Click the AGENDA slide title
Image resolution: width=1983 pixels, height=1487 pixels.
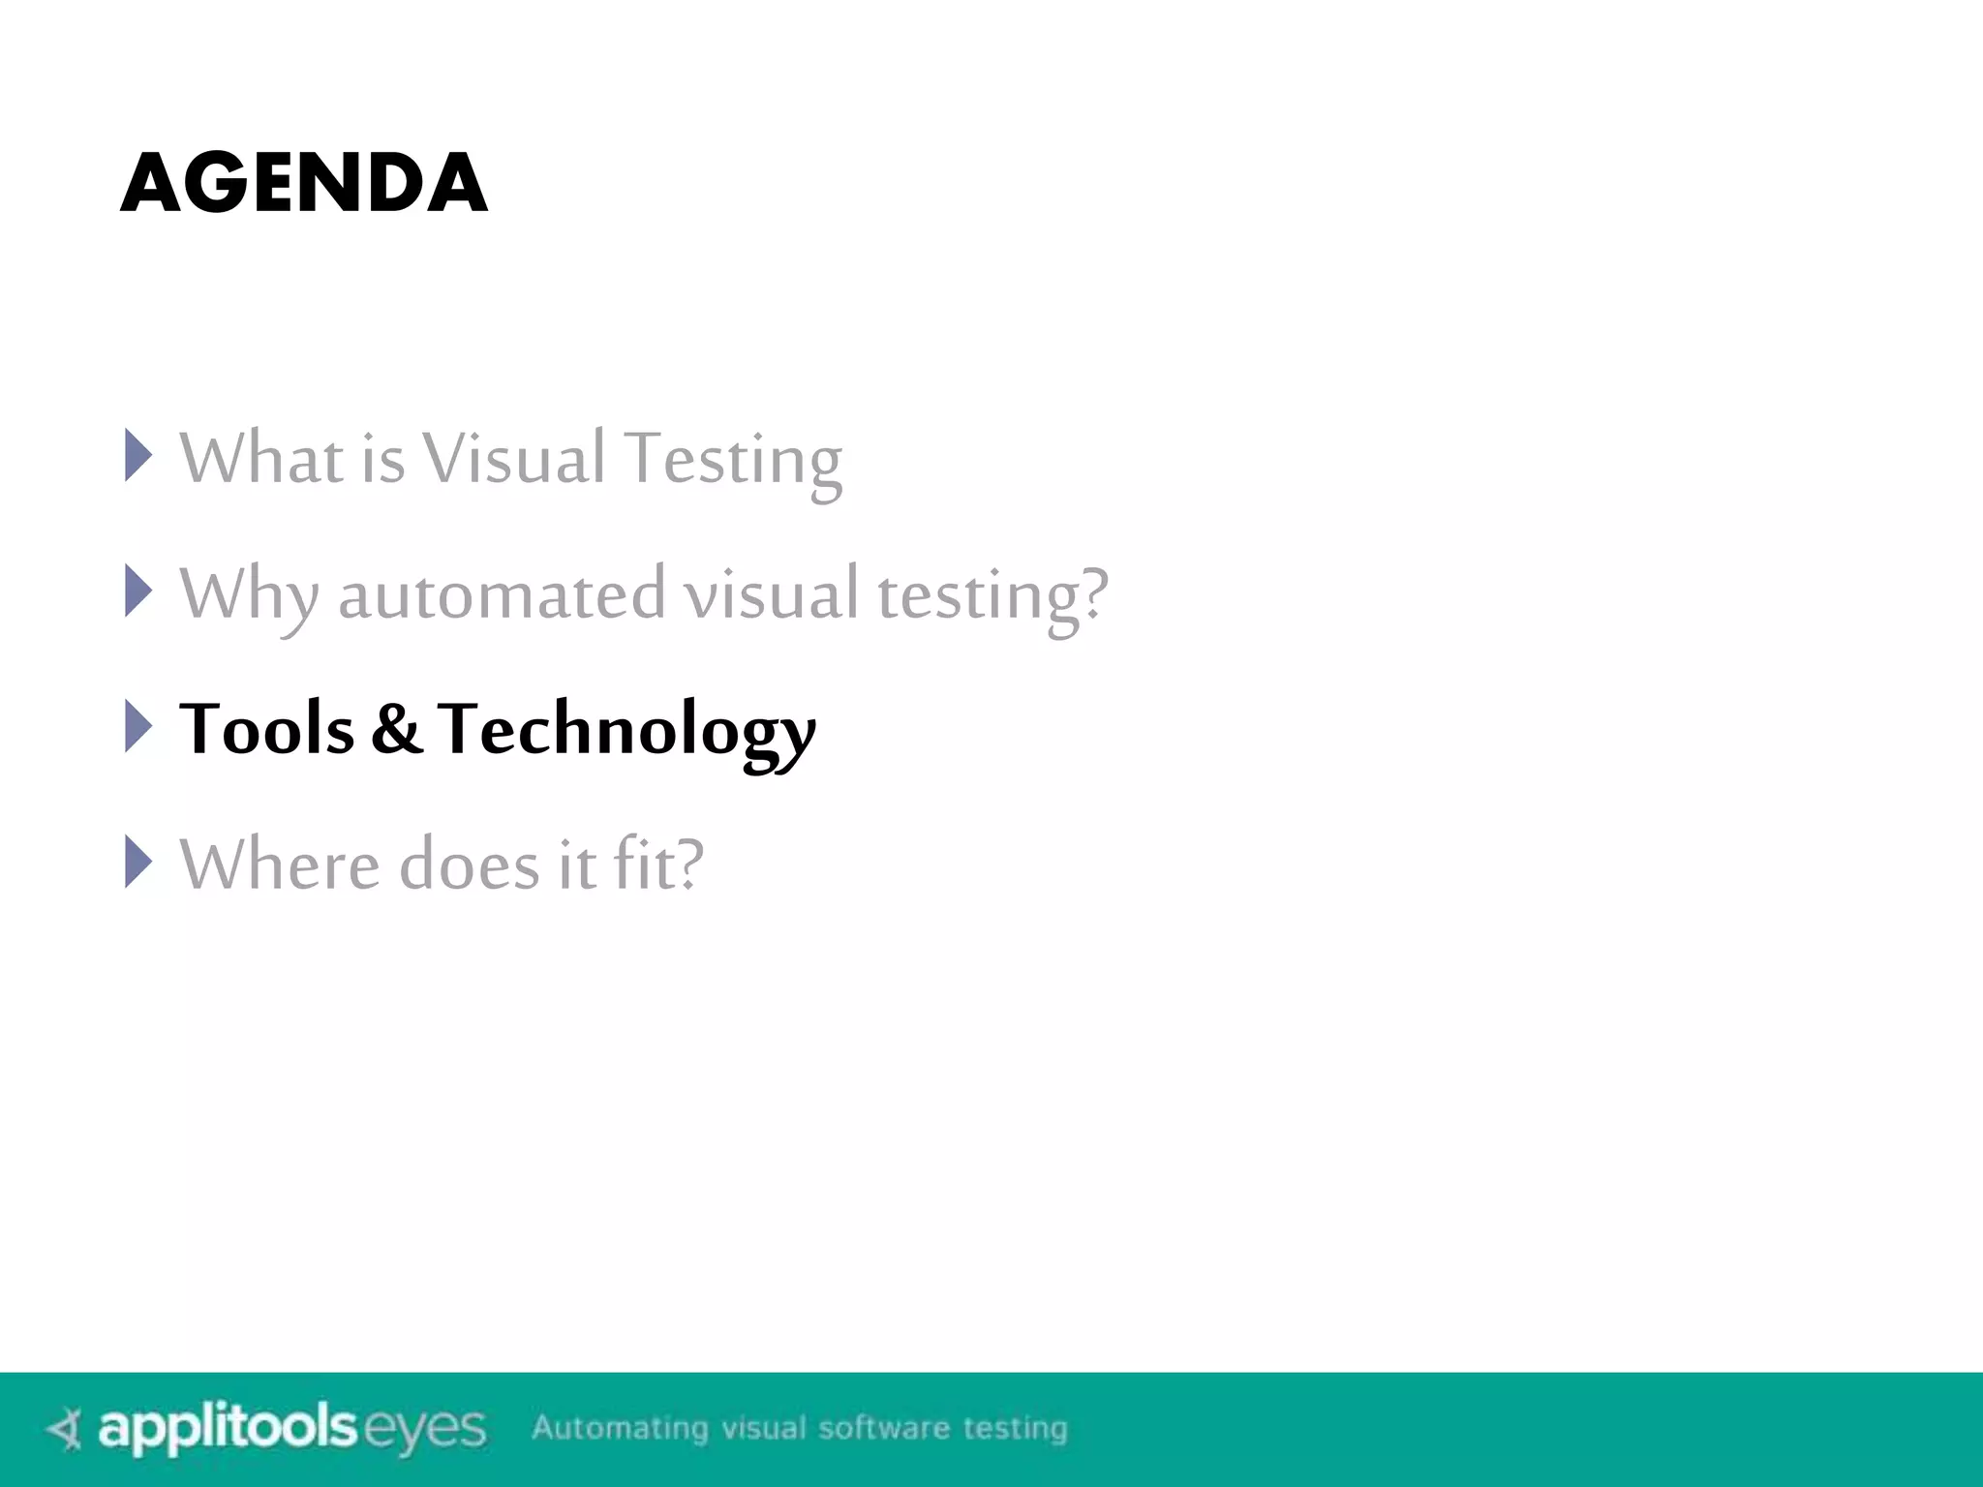[304, 183]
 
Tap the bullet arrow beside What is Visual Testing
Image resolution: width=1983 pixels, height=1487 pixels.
[138, 455]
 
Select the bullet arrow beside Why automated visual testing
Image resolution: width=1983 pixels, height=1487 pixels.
[138, 591]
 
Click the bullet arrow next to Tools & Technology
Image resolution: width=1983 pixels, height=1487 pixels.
[138, 726]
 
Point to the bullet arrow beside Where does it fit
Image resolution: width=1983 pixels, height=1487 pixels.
[138, 862]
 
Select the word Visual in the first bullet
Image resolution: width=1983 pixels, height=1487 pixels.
[514, 457]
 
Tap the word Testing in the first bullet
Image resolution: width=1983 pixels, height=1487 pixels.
[733, 461]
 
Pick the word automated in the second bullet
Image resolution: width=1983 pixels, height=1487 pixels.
[502, 594]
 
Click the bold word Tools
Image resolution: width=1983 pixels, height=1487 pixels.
[267, 728]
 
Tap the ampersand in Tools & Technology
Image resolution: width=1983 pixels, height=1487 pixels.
[396, 728]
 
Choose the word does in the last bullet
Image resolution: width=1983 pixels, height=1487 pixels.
[470, 864]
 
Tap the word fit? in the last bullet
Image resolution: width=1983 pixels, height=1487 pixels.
[658, 864]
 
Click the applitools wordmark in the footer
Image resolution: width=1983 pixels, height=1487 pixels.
[229, 1429]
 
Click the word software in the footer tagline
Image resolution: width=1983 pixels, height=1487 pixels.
[884, 1428]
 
